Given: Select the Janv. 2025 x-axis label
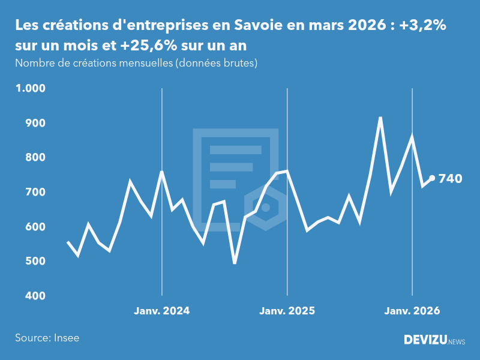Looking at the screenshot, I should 287,311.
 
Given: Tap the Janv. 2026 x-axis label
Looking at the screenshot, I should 412,311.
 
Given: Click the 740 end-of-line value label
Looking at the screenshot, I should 451,178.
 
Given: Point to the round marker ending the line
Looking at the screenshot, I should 432,178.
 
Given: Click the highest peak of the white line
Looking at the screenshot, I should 380,118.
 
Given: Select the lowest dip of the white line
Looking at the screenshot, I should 235,263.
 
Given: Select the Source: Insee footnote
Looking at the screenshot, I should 47,338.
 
